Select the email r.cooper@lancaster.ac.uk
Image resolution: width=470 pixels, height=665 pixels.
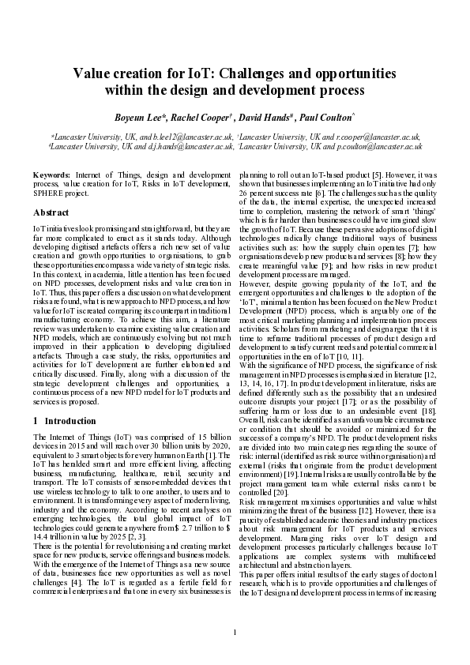point(375,137)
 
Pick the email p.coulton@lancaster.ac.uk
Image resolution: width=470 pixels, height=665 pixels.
point(378,146)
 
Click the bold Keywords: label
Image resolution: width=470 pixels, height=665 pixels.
point(52,172)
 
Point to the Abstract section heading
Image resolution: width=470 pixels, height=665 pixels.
point(51,212)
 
